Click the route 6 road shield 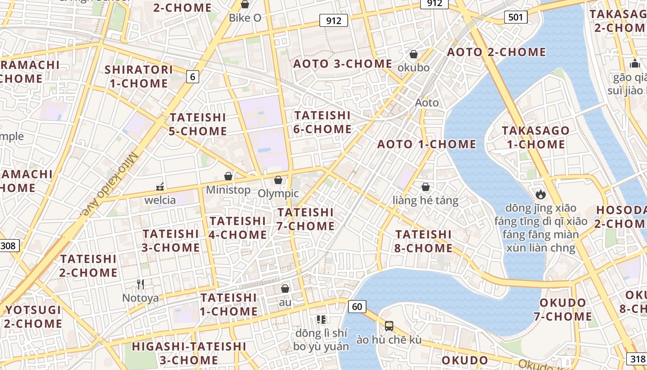coord(193,77)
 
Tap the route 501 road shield coord(515,18)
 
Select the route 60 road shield coord(357,306)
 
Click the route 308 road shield coord(8,246)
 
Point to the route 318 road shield coord(636,358)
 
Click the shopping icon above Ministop coord(228,176)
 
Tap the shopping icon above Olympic coord(278,180)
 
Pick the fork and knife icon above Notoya coord(140,284)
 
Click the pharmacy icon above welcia coord(160,187)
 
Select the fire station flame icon coord(540,194)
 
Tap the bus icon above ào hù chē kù coord(389,326)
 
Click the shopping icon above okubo coord(414,54)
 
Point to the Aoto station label coord(427,102)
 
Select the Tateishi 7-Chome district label coord(305,219)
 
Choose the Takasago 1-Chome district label coord(536,137)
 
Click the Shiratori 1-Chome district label coord(139,77)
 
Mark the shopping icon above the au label coord(285,289)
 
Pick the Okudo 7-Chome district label coord(563,310)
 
